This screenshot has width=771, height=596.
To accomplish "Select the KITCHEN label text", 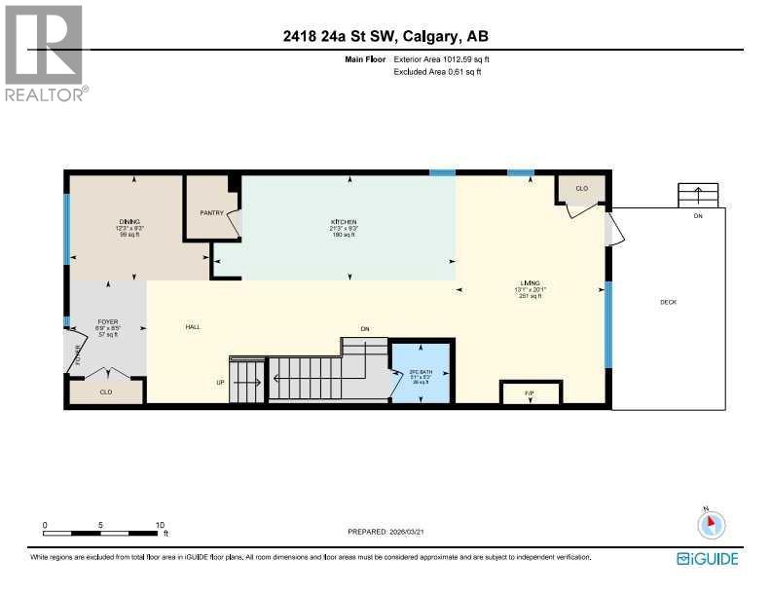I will pos(343,222).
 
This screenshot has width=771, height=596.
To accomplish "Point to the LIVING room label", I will pos(531,282).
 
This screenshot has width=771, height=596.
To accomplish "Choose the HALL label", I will pos(193,327).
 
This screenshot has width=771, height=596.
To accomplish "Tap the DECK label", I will pos(668,302).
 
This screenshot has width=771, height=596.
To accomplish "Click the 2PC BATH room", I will pos(421,371).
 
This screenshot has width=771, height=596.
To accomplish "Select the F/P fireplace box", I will pos(530,393).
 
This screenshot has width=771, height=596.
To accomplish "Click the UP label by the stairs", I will pos(220,383).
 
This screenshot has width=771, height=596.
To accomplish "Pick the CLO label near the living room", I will pos(581,189).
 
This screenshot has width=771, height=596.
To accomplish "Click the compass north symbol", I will pos(712,524).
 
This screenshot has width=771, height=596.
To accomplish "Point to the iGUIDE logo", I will pos(707,558).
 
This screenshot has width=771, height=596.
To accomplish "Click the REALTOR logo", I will pos(45,52).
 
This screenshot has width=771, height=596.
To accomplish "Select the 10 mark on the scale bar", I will pos(160,525).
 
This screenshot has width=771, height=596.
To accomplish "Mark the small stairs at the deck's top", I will pos(697,195).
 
